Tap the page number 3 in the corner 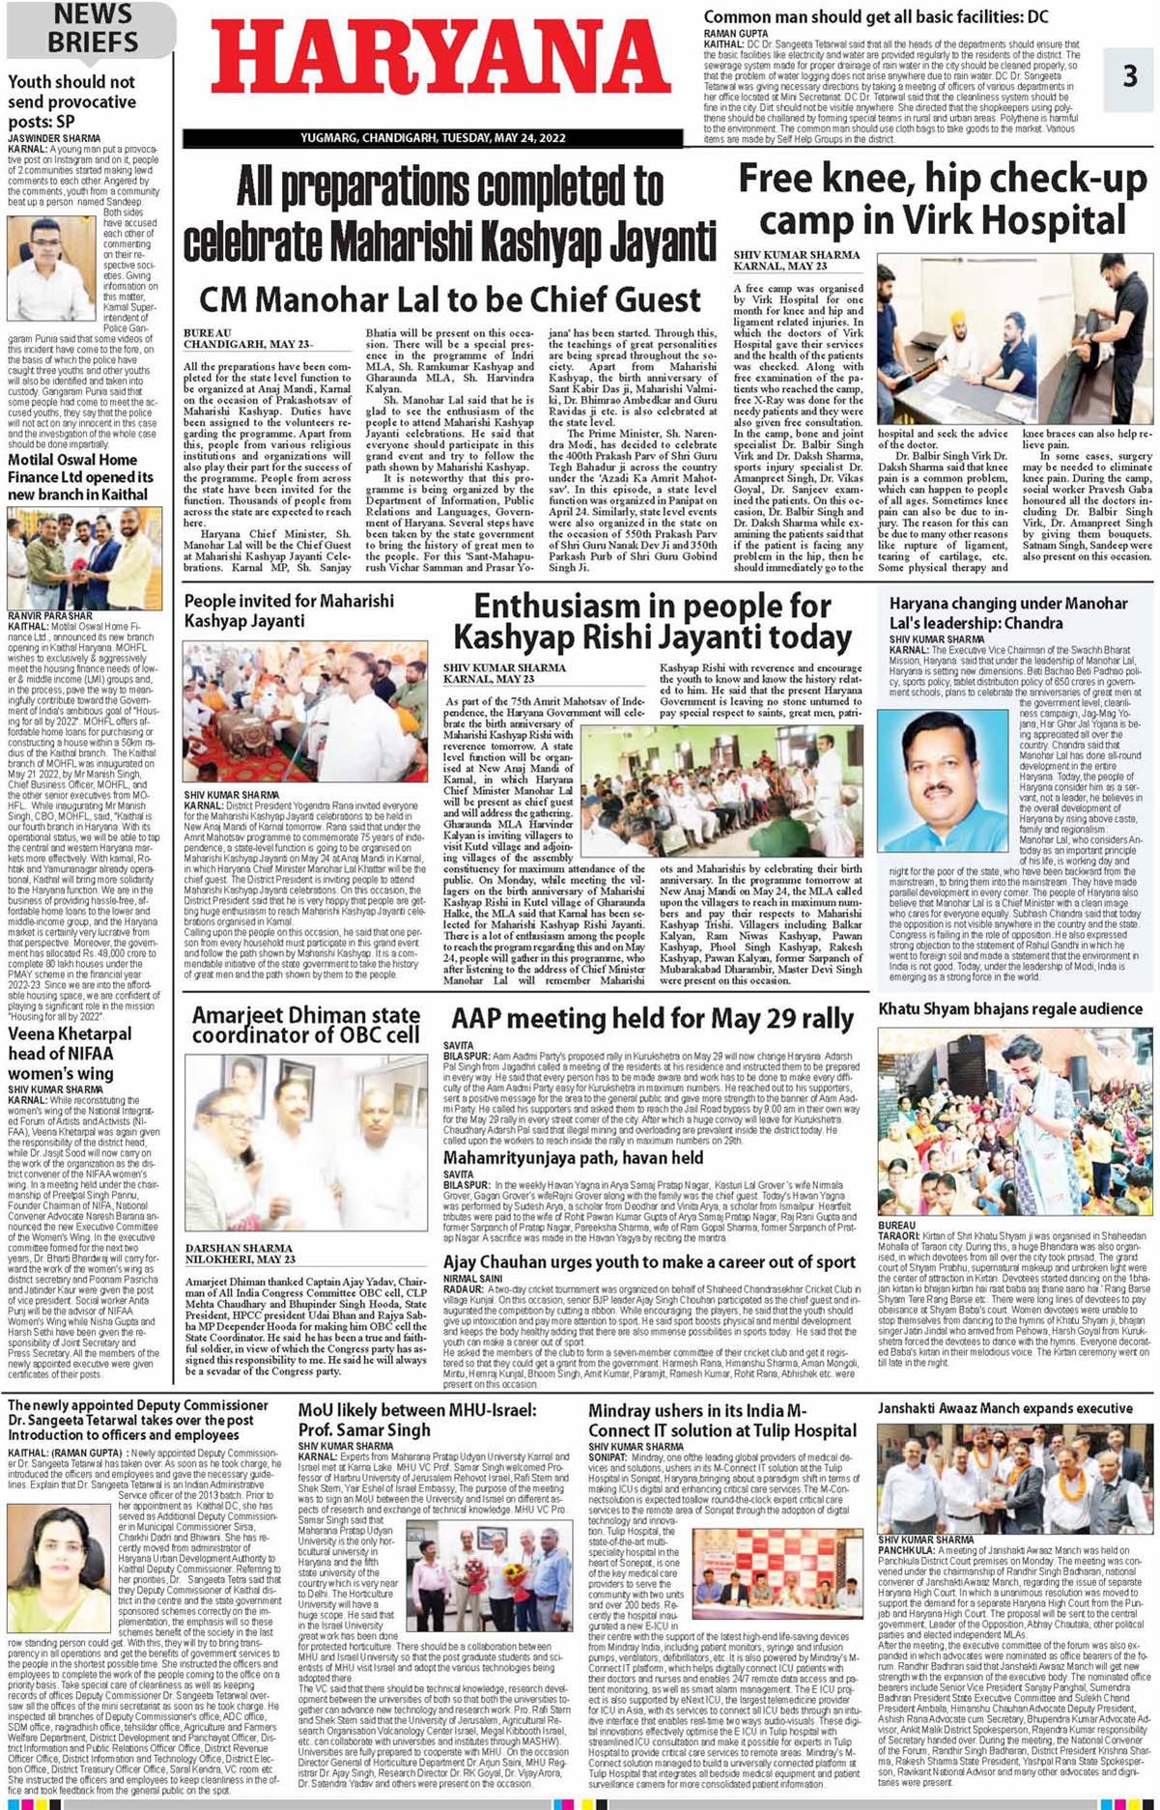(1130, 75)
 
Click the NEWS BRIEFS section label (93, 28)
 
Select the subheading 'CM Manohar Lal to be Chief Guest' (450, 299)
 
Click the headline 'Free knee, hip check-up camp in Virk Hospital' (942, 200)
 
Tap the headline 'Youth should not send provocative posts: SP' (72, 101)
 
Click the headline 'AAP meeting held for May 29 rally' (652, 1019)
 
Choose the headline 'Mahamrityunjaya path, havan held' (573, 1158)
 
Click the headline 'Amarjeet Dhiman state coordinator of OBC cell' (305, 1025)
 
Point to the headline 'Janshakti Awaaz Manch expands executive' (1004, 1408)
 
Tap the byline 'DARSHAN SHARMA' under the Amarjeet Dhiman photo (239, 1248)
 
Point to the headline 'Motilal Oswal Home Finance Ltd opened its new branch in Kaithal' (81, 477)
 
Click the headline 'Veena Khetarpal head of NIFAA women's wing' (70, 1053)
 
